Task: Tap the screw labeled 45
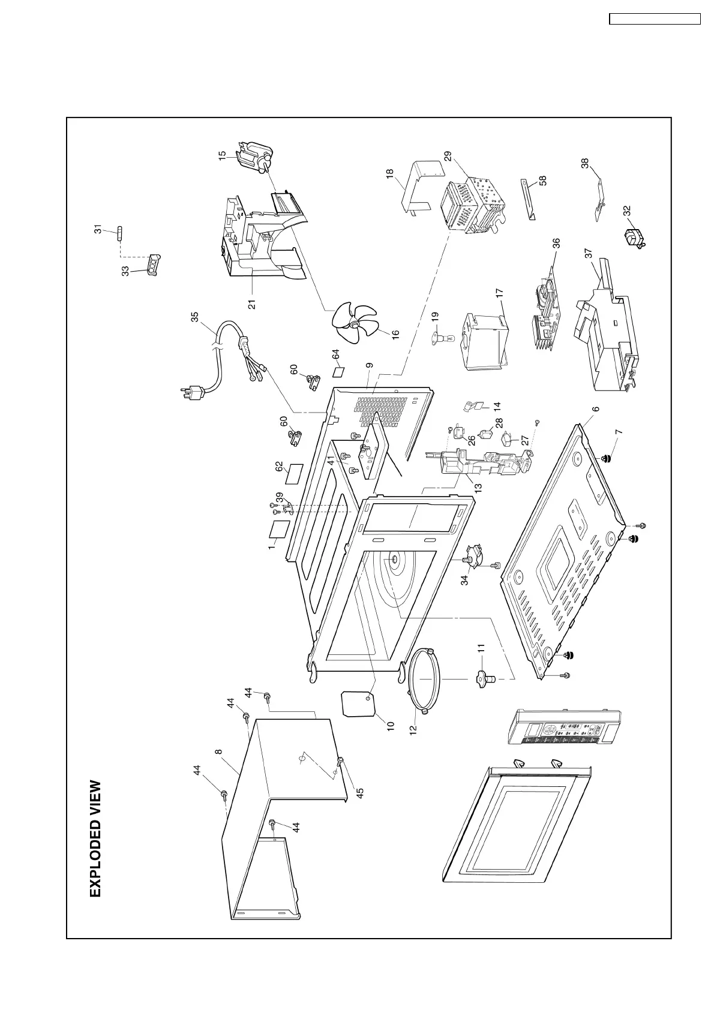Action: pos(340,761)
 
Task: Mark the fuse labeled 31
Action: pos(119,232)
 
